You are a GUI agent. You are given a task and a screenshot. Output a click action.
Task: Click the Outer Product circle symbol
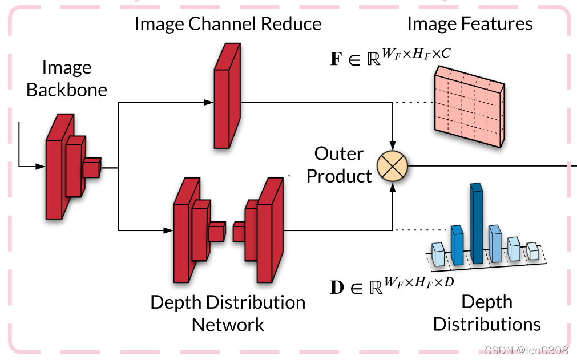click(x=392, y=166)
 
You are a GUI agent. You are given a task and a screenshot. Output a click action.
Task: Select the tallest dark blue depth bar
click(x=477, y=223)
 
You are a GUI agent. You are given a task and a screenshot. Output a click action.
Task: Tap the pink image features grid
click(x=470, y=107)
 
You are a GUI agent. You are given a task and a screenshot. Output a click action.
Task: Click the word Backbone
click(x=67, y=90)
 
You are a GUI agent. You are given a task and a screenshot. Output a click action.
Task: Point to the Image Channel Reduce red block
click(x=227, y=96)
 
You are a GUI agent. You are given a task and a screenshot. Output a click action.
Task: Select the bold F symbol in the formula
click(x=336, y=59)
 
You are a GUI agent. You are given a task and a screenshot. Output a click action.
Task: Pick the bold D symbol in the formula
click(x=337, y=288)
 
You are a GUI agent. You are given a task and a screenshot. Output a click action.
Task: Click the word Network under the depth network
click(x=228, y=325)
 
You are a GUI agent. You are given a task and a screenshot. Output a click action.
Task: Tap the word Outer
click(x=338, y=153)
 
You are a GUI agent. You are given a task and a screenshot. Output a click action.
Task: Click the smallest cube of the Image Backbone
click(x=92, y=168)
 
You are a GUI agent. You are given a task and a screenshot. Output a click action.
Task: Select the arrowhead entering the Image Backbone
click(x=41, y=167)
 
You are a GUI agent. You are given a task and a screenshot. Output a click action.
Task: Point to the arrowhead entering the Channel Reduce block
click(x=209, y=102)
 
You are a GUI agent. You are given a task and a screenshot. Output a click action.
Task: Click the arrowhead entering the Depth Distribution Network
click(x=168, y=230)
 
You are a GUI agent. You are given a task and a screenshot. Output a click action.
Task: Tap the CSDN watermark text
click(x=526, y=350)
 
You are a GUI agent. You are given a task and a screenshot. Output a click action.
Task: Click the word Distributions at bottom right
click(x=487, y=324)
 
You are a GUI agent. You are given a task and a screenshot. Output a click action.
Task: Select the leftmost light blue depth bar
click(x=439, y=254)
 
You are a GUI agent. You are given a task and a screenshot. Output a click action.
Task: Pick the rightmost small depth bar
click(x=532, y=251)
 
